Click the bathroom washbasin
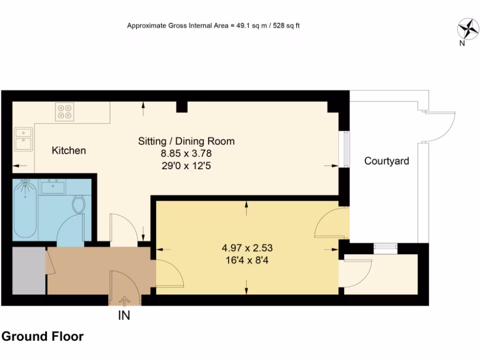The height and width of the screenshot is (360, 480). (52, 187)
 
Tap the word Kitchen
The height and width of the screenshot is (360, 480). (69, 150)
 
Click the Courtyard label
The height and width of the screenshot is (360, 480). (387, 161)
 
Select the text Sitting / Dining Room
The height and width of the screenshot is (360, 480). (186, 141)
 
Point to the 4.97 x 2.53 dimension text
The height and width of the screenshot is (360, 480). (247, 247)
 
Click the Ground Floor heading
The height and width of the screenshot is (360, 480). (43, 337)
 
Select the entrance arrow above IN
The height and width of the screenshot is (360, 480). (124, 300)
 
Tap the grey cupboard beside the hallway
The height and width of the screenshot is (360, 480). (29, 271)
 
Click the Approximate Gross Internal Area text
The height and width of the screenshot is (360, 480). (213, 26)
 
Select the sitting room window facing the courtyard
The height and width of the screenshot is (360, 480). (345, 150)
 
